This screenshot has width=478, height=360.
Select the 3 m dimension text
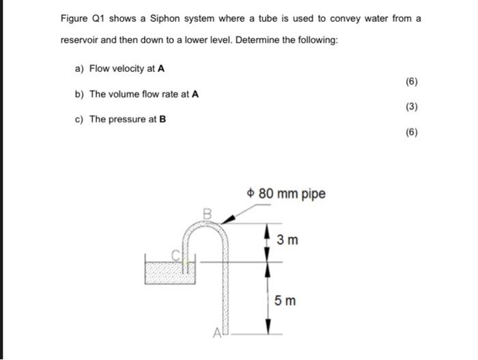[x=287, y=240]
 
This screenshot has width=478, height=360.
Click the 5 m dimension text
[x=285, y=300]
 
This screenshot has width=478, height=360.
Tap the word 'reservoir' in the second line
[x=80, y=40]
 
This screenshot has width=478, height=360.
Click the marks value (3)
[x=411, y=107]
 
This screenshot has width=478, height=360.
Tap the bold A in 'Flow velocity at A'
[x=161, y=68]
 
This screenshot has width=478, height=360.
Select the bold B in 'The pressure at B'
[x=163, y=119]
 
